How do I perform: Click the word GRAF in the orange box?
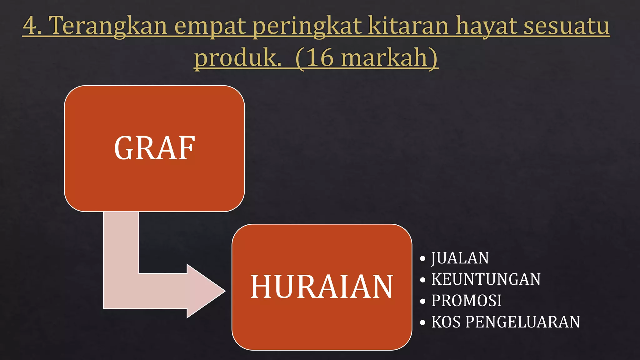click(154, 148)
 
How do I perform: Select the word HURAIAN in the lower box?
click(322, 287)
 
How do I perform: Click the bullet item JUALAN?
click(460, 258)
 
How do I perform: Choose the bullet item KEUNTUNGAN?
click(486, 279)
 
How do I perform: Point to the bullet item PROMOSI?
click(466, 301)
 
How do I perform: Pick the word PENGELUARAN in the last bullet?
click(522, 322)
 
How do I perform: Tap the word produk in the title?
click(236, 58)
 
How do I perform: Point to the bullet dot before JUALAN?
click(423, 259)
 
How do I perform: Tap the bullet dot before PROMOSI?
click(423, 301)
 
